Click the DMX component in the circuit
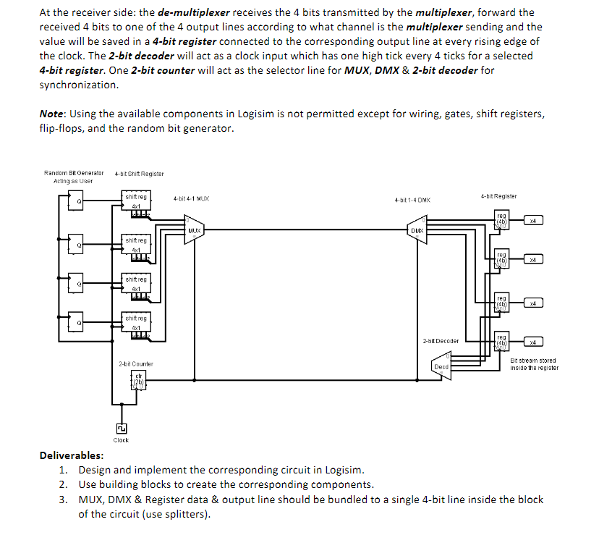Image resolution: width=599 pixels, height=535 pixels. (x=417, y=231)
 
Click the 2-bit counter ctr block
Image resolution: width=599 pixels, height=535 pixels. (x=140, y=380)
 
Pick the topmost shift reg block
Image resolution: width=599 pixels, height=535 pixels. (x=136, y=202)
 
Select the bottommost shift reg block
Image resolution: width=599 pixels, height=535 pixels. (x=136, y=323)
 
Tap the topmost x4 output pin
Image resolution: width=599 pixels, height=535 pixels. (x=532, y=219)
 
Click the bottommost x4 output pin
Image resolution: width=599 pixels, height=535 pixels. (x=532, y=342)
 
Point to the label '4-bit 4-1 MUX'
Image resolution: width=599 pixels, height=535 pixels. (x=192, y=198)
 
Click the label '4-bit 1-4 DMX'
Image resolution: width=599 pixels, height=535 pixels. (x=412, y=199)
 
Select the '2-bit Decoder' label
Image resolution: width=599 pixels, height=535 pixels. (x=441, y=340)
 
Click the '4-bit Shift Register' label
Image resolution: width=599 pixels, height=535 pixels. (x=139, y=173)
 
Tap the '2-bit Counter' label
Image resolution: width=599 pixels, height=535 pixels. (x=136, y=363)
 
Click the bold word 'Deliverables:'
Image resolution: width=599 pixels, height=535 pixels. (x=71, y=455)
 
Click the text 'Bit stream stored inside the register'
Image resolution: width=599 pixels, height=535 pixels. (x=534, y=364)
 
